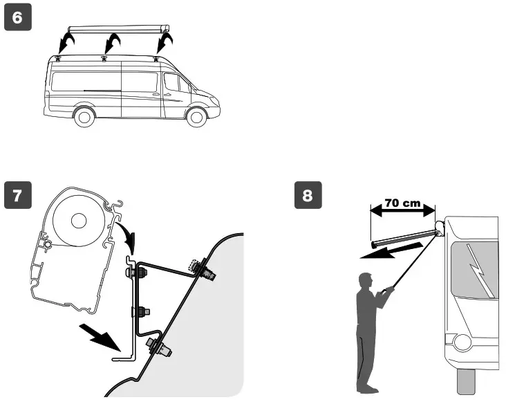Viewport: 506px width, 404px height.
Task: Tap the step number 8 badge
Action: pyautogui.click(x=308, y=196)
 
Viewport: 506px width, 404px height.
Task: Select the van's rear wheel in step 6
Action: pyautogui.click(x=85, y=116)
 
